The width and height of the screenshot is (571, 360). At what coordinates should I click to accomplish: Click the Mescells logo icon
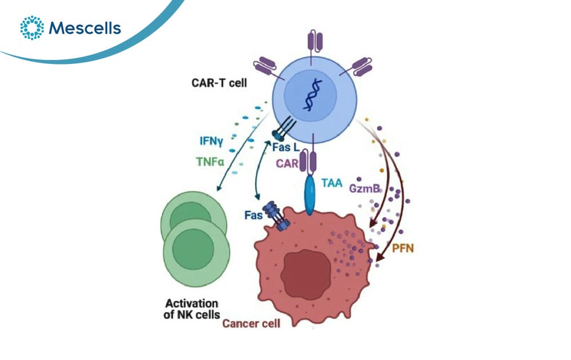(32, 27)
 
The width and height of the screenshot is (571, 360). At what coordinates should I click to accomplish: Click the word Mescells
(85, 28)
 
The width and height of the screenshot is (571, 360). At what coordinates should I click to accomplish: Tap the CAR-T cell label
(219, 83)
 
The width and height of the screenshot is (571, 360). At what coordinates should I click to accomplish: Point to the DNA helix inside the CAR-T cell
(312, 95)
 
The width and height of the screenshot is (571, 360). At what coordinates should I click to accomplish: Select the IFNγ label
(211, 141)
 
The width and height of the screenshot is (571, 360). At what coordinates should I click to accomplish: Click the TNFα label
(210, 161)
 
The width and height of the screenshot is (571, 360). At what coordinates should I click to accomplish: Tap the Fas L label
(286, 147)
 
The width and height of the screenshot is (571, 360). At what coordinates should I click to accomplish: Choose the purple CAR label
(287, 163)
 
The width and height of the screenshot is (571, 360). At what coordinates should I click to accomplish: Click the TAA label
(332, 183)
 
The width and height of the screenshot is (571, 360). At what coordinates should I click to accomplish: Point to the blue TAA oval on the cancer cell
(310, 195)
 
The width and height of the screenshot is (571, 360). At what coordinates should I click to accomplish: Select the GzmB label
(364, 188)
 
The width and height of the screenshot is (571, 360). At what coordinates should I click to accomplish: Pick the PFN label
(403, 248)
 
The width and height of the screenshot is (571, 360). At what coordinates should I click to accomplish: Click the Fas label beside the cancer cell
(254, 215)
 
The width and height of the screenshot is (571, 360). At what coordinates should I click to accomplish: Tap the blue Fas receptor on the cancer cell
(276, 216)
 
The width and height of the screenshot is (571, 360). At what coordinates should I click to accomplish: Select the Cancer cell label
(251, 323)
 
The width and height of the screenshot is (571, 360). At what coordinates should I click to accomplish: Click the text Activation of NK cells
(192, 309)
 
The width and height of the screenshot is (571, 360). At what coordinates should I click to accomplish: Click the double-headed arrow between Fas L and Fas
(259, 169)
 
